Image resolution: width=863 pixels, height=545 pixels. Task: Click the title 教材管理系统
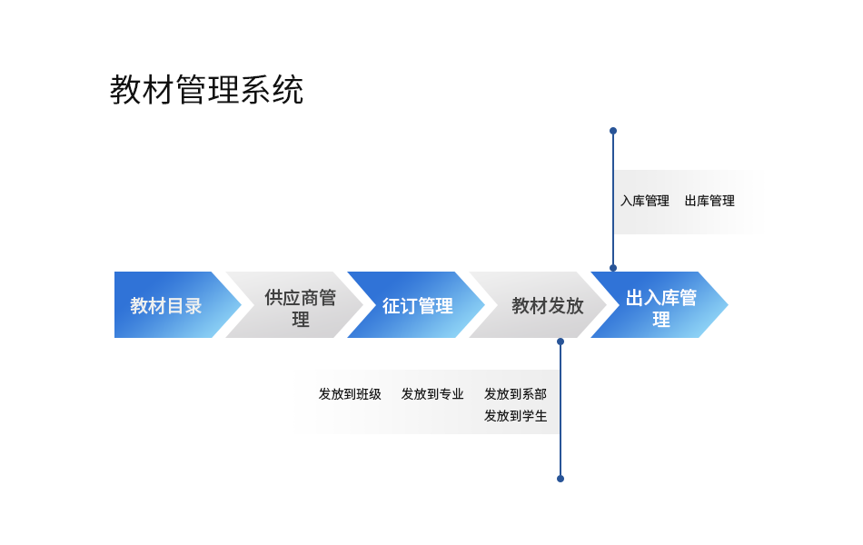click(206, 90)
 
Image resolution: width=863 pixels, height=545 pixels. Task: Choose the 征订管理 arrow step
click(417, 305)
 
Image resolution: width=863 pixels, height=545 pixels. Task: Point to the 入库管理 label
click(645, 201)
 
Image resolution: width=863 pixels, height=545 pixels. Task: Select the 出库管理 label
click(709, 201)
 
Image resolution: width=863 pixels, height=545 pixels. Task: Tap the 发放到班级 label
click(350, 394)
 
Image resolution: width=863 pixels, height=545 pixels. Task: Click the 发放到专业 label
click(432, 394)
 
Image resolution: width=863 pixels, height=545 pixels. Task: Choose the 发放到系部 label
click(515, 394)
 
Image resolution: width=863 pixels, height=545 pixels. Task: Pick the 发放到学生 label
click(515, 416)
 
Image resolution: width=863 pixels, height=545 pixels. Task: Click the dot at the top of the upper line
click(613, 131)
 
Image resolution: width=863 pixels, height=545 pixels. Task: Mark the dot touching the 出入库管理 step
click(613, 268)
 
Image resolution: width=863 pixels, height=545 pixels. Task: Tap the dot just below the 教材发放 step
click(560, 342)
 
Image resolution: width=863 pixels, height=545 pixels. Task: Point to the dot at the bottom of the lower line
click(560, 479)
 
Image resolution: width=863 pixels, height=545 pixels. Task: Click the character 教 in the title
click(125, 90)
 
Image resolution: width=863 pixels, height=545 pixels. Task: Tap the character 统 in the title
click(288, 90)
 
